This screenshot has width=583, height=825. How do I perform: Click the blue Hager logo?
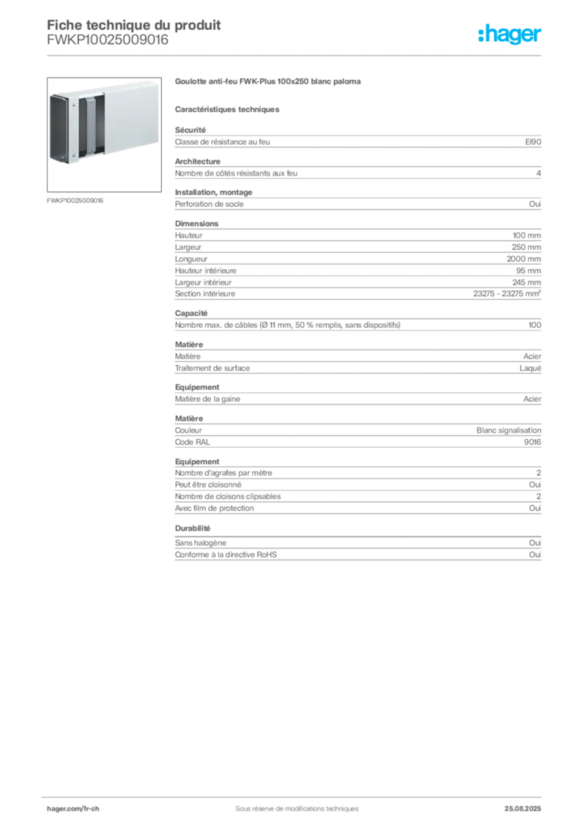[511, 35]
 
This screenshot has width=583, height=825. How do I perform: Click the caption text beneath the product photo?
[76, 200]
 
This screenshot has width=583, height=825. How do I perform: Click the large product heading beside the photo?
[271, 82]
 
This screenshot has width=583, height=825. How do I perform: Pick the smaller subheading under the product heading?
[229, 109]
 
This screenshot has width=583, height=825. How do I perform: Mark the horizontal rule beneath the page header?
[296, 56]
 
